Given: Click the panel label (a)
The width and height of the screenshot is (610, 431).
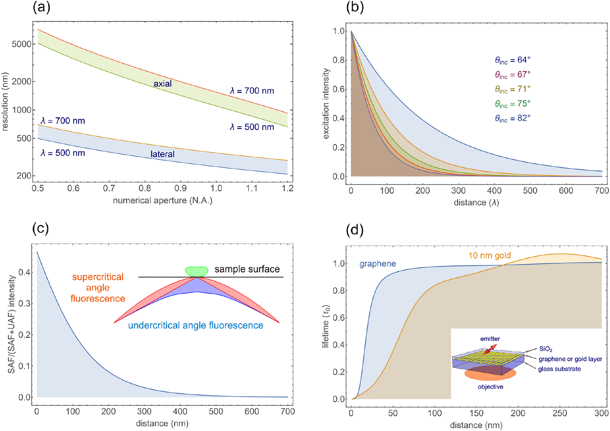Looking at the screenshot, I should coord(41,7).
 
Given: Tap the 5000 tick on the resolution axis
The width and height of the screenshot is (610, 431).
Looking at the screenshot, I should coord(21,44).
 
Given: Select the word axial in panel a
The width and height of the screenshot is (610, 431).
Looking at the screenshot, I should coord(162,84).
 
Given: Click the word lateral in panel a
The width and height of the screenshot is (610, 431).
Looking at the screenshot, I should coord(162,154).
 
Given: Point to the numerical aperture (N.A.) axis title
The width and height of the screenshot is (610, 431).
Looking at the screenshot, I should coord(162,200).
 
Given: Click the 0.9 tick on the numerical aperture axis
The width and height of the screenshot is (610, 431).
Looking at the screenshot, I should coord(180,189).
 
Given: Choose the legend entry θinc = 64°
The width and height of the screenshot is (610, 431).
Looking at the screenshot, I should coord(513,60).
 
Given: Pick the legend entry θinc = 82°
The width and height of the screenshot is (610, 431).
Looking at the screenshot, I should coord(513,118).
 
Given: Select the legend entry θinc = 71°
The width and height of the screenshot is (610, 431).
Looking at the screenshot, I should coord(513,89).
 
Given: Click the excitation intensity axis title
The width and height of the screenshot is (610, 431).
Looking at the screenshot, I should coord(326,104).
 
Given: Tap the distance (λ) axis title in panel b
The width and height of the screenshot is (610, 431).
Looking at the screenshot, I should coord(476,203).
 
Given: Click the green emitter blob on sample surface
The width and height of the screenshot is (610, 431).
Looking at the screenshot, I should coord(197,271).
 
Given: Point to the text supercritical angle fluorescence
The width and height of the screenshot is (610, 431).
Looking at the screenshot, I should coord(98,288).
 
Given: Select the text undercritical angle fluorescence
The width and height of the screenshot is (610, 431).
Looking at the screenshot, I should coord(195,326).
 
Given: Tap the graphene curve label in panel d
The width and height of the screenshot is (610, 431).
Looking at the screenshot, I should coord(377,264).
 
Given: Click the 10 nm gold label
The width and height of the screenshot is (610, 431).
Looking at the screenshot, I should coord(489,256).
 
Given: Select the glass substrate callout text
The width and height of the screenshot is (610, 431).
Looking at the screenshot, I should coord(559,369).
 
